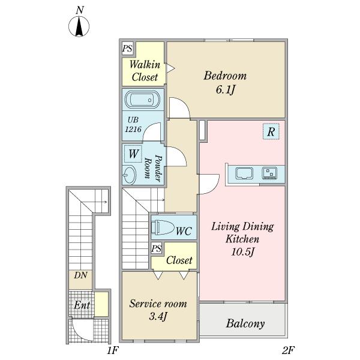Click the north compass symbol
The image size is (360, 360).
(79, 26)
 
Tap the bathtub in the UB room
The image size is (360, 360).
(142, 100)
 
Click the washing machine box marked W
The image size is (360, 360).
(133, 154)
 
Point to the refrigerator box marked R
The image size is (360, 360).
(271, 131)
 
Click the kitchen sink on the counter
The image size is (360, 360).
(244, 173)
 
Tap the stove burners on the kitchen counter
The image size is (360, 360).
(269, 173)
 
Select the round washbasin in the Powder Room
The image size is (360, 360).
(129, 175)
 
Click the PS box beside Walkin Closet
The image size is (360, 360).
(127, 49)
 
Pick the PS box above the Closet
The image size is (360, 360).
(157, 248)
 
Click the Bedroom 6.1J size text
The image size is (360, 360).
(225, 90)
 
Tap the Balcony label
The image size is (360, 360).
(245, 324)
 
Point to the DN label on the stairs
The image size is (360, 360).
(80, 275)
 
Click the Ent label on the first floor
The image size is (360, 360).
(82, 305)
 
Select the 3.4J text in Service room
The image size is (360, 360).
(158, 317)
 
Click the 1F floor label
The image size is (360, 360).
(113, 350)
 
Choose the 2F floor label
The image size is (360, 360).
(288, 350)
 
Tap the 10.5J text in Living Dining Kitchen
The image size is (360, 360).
(243, 252)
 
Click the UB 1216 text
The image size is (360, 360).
(133, 124)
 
